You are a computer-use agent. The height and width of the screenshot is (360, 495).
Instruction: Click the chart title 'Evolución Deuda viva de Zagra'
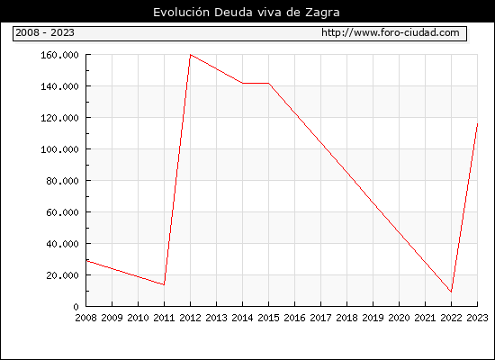(x=247, y=13)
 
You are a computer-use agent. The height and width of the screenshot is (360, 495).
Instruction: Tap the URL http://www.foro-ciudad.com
(x=391, y=32)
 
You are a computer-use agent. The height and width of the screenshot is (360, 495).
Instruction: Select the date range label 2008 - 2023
(x=45, y=32)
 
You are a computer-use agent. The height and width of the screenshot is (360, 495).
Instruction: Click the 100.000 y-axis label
(x=59, y=149)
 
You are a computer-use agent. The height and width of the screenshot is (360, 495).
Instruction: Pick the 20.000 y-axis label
(x=62, y=275)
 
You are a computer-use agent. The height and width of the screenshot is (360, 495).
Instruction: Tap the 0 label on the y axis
(x=76, y=307)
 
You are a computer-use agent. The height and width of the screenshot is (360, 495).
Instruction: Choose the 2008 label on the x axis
(x=85, y=318)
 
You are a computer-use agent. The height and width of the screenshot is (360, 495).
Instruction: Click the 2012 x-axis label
(x=191, y=318)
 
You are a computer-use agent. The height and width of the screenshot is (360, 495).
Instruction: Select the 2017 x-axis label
(x=320, y=318)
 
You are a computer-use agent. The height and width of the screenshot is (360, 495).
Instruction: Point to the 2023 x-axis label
(x=477, y=318)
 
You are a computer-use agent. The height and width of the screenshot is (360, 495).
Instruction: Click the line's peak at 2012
(x=191, y=55)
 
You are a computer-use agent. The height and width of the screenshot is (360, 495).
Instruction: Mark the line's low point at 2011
(x=164, y=284)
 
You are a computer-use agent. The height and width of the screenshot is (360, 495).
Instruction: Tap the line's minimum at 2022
(x=451, y=292)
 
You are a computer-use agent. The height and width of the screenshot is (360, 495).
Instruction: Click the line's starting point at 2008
(x=86, y=261)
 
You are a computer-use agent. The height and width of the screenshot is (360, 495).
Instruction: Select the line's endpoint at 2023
(x=477, y=124)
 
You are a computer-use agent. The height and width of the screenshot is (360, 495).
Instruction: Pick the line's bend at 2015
(x=269, y=83)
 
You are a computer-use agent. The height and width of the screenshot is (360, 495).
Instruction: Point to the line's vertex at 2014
(x=242, y=83)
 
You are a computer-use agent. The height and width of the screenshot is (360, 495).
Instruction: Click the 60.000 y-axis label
(x=62, y=212)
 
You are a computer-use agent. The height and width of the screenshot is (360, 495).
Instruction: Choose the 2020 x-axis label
(x=399, y=318)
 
